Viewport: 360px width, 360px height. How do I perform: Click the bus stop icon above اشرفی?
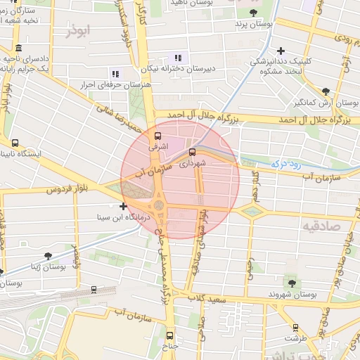click(x=157, y=136)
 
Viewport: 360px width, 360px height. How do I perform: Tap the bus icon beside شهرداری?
click(x=192, y=150)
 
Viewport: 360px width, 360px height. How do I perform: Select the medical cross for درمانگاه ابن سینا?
click(x=124, y=206)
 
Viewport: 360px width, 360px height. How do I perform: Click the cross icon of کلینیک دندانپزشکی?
click(x=281, y=51)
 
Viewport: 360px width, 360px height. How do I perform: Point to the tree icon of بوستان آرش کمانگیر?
click(x=326, y=91)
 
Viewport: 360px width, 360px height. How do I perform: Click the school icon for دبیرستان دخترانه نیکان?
click(x=178, y=58)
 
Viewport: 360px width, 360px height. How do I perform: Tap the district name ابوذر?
click(x=78, y=31)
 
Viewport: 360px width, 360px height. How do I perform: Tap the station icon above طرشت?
click(x=295, y=327)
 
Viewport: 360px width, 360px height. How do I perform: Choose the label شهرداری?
click(x=192, y=162)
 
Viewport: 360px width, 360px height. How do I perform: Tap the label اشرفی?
click(x=157, y=148)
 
